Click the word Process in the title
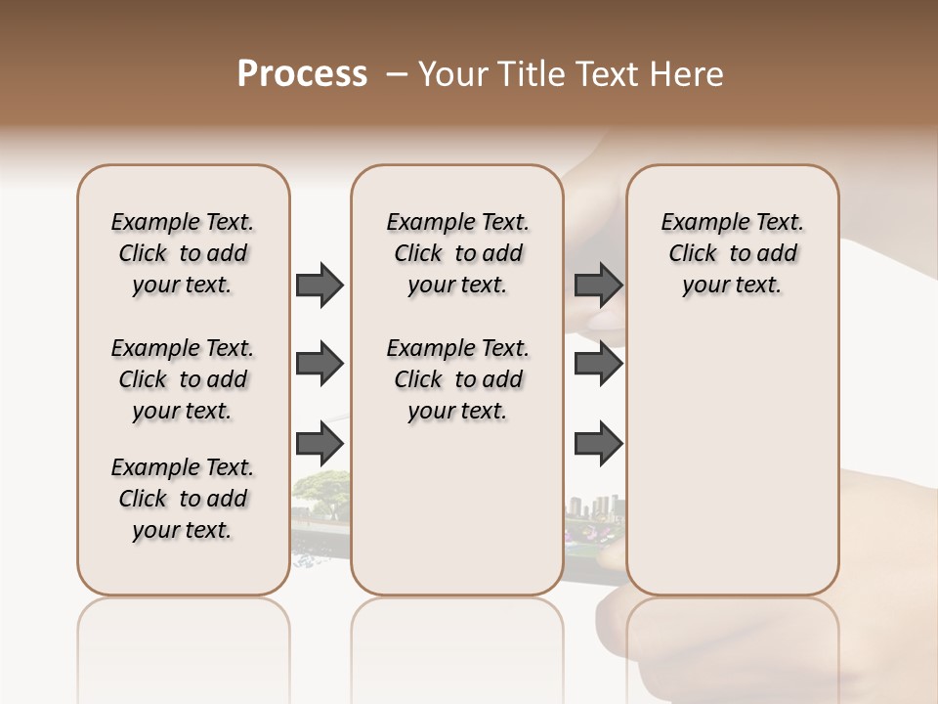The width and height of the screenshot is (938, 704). [x=302, y=74]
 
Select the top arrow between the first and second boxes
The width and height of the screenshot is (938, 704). [x=320, y=286]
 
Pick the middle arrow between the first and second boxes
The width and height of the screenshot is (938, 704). [x=320, y=365]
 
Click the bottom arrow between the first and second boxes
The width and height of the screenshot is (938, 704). [x=320, y=444]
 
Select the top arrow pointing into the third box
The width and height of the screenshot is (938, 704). [x=598, y=286]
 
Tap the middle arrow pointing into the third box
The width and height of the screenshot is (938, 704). [x=598, y=365]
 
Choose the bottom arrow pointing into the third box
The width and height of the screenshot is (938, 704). [x=598, y=444]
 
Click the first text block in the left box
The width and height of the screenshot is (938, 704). [x=183, y=253]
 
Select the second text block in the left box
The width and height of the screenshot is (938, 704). [x=183, y=379]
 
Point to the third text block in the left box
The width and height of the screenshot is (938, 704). [x=183, y=499]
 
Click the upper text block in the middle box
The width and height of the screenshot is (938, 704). [x=457, y=253]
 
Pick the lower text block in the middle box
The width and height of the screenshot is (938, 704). [x=457, y=379]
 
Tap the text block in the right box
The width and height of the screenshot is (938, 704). [x=733, y=253]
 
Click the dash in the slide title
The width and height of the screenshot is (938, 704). [x=397, y=74]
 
